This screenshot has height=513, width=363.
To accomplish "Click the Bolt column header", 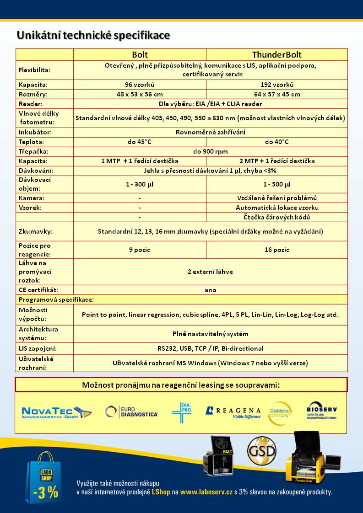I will point(140,55).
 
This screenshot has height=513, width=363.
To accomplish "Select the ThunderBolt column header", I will point(277,55).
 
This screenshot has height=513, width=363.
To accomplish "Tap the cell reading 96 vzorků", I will point(140,85).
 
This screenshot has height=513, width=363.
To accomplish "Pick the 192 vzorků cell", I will point(277,85).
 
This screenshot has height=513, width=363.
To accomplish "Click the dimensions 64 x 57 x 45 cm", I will point(277,94).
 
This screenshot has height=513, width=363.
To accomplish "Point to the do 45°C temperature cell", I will point(140,142).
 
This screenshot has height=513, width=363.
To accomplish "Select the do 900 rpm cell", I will point(211,151).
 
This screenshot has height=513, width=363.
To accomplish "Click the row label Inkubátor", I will point(35,132).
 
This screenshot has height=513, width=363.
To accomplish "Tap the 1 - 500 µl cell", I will point(277,185).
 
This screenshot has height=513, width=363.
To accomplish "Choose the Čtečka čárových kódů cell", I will point(277,217).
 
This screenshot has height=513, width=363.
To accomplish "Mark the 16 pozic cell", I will point(277,250).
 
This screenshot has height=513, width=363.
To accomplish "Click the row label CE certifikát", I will point(38,290).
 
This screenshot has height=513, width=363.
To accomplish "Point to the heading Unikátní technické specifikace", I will point(93,35).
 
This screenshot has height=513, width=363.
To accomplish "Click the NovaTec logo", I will point(56,412).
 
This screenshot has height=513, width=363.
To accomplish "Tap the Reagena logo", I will point(233,412).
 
